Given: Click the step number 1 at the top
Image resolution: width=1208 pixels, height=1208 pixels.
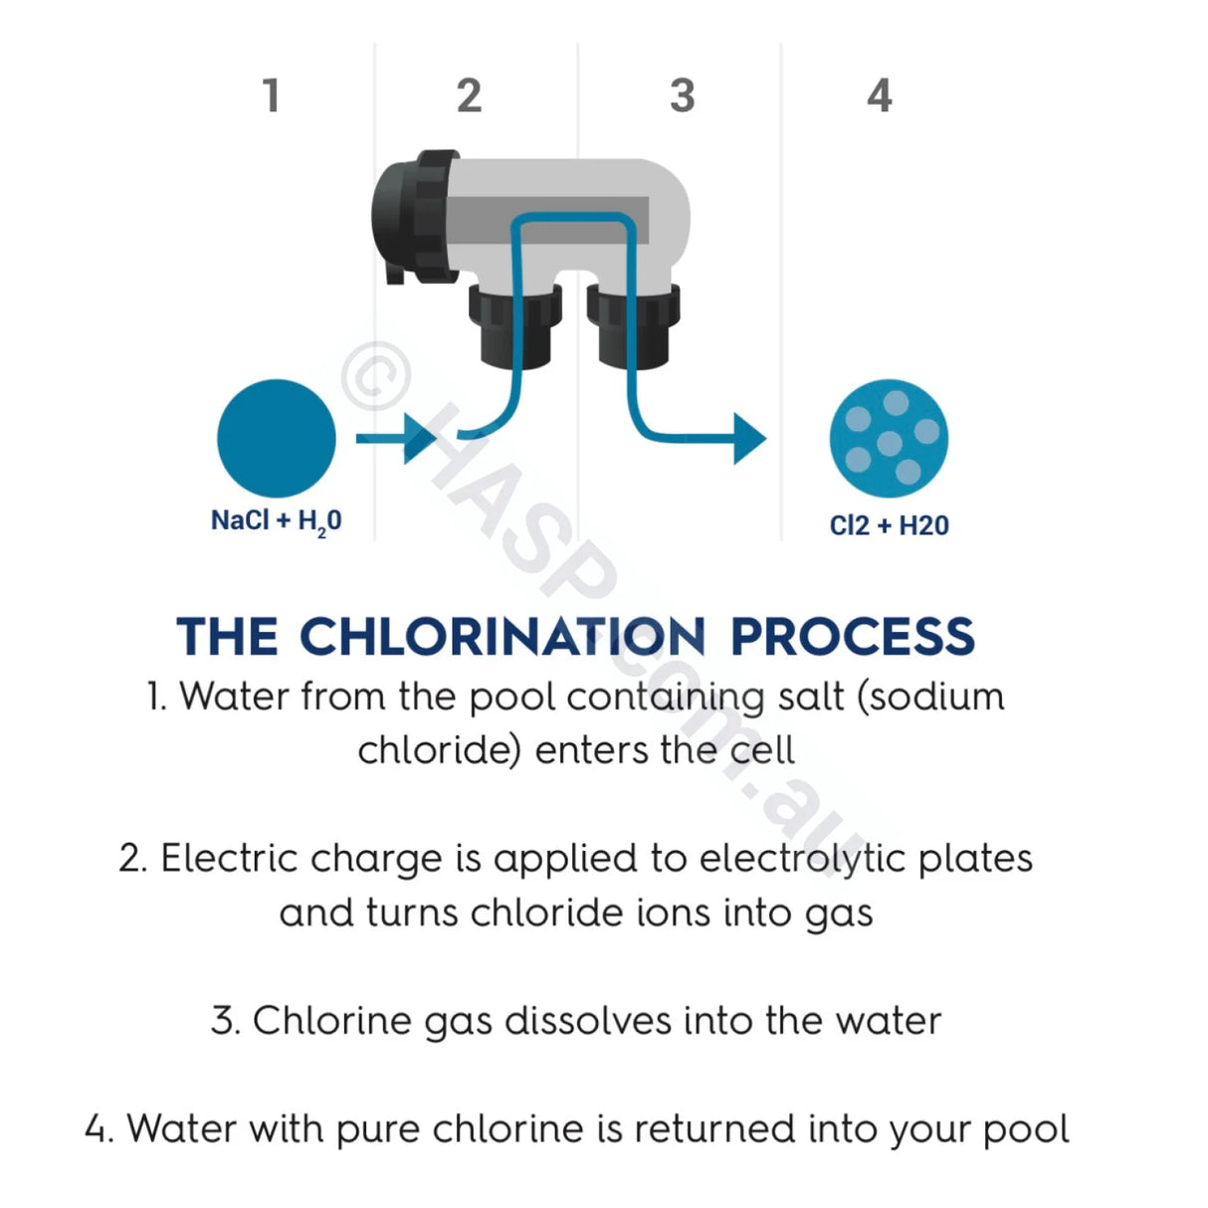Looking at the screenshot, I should point(270,97).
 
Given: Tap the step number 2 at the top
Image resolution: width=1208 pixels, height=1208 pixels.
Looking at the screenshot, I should point(469,97).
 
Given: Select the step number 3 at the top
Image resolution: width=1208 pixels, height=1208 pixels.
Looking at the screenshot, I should point(682,97).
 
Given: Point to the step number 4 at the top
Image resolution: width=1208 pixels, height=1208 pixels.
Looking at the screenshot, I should point(879,97).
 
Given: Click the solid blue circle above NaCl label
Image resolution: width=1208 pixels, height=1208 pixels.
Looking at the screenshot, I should point(277,439).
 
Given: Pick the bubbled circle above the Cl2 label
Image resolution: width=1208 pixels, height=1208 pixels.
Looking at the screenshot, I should point(889,439).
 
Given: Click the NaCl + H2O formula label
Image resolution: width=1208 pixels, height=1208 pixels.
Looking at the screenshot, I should point(276,521).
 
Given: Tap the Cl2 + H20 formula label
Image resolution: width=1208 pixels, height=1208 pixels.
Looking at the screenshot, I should point(889,525).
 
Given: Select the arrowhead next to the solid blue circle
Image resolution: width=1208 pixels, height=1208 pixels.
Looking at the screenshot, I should point(418,438).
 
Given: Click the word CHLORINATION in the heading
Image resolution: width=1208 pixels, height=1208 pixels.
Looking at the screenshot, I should point(503,637).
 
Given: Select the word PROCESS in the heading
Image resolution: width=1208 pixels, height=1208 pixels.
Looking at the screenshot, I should point(852,637).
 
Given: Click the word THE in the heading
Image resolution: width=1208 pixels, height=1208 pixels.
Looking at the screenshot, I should point(227,637).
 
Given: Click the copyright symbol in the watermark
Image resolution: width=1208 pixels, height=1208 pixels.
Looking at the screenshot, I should point(375,376).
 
